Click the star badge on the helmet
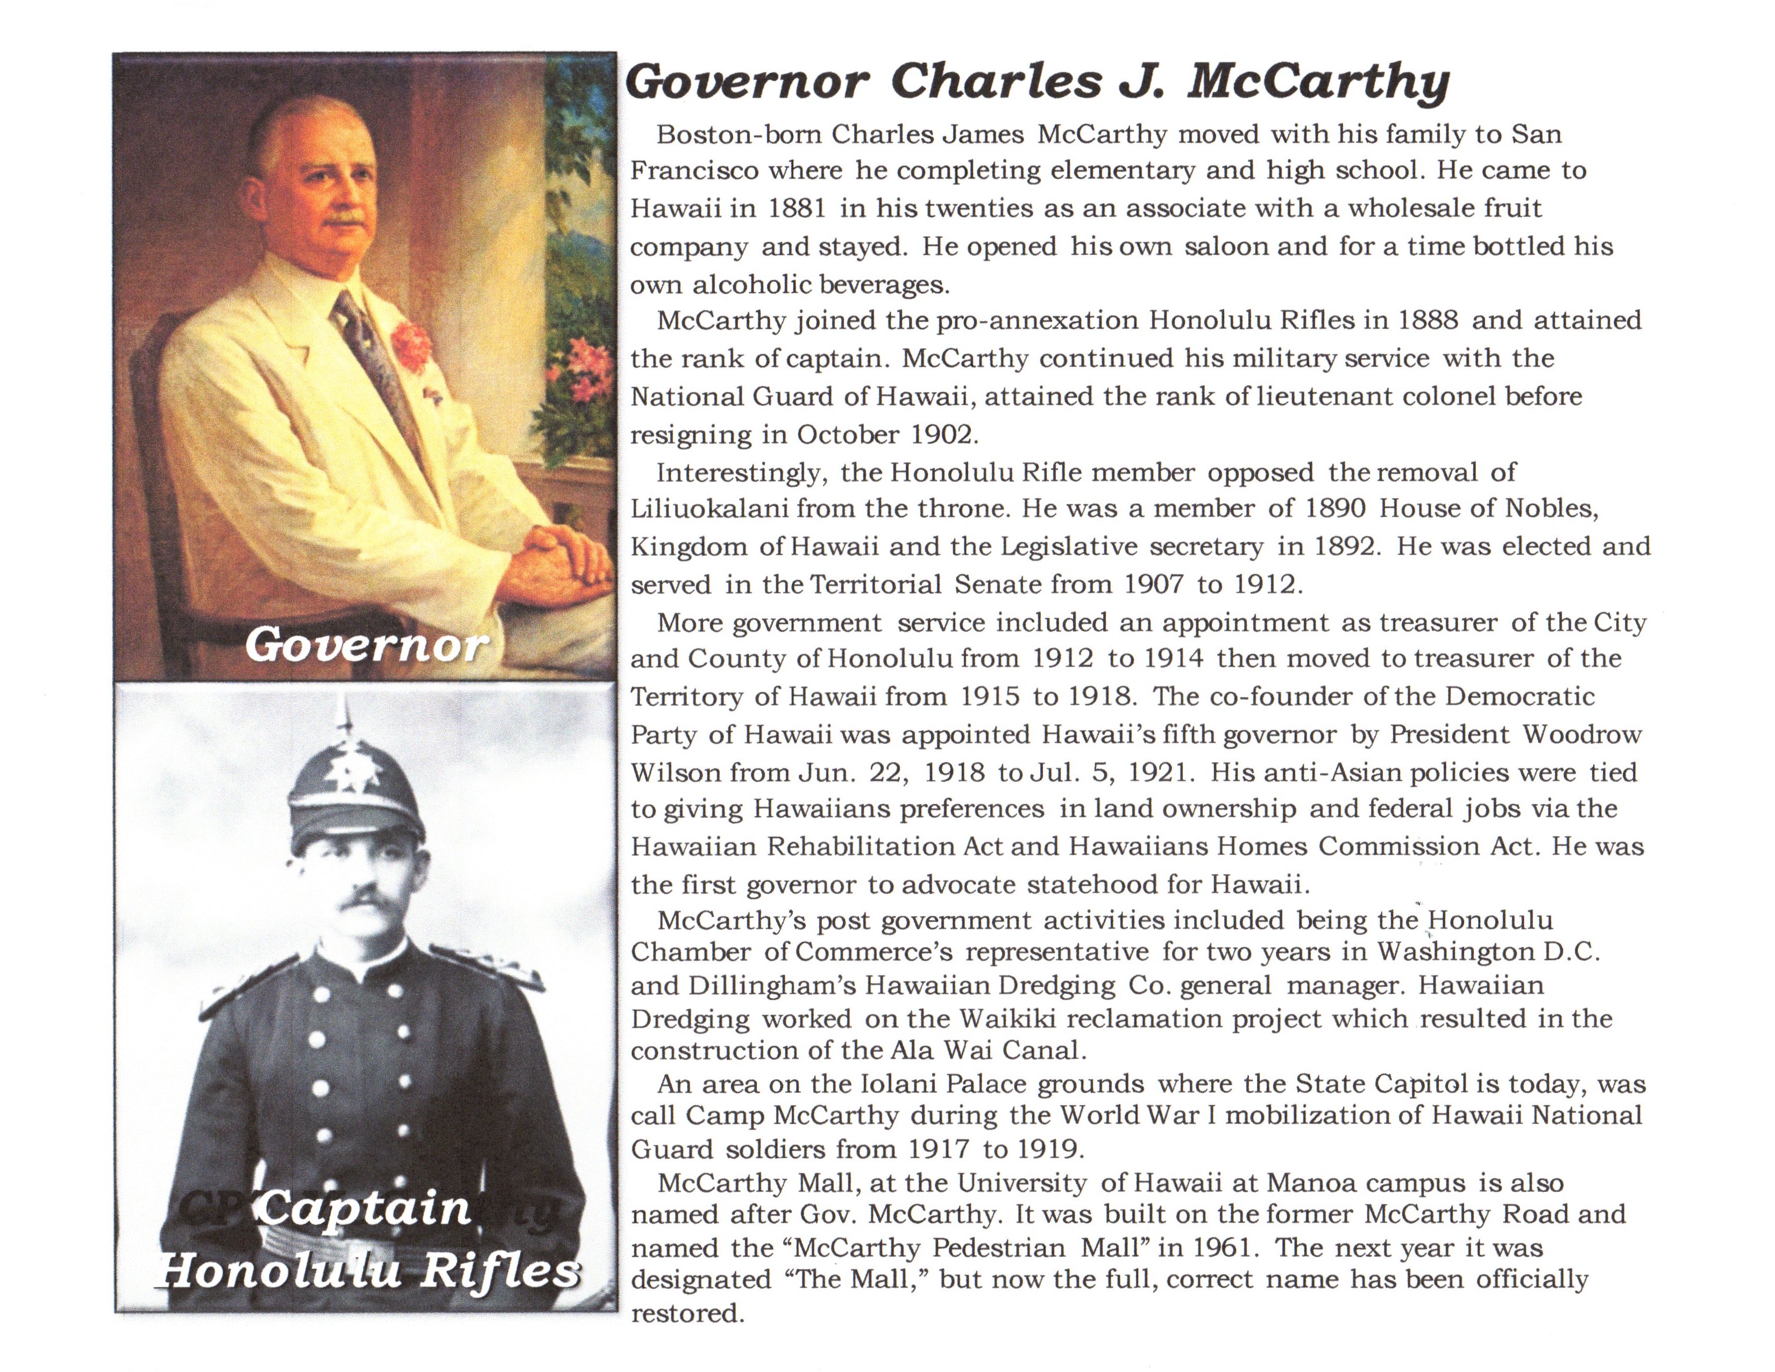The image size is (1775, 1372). click(x=352, y=767)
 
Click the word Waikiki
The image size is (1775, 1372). click(x=1009, y=1019)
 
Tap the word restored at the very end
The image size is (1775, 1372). click(x=687, y=1313)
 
